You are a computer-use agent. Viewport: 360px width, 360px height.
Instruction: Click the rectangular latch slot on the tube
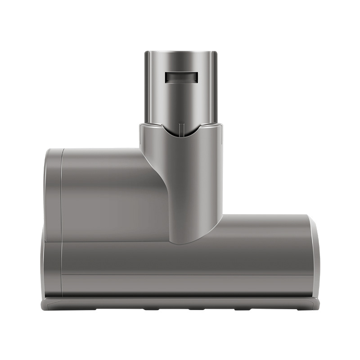(x=181, y=77)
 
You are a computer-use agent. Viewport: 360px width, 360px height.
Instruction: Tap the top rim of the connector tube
(x=181, y=52)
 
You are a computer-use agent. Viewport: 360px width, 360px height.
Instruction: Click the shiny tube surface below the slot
(x=181, y=103)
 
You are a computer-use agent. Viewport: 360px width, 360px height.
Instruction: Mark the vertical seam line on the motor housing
(x=62, y=193)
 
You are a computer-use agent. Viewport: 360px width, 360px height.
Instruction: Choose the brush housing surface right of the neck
(x=265, y=234)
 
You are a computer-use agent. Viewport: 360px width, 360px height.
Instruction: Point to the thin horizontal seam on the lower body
(x=180, y=275)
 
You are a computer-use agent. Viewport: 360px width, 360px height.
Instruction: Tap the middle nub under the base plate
(x=196, y=310)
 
